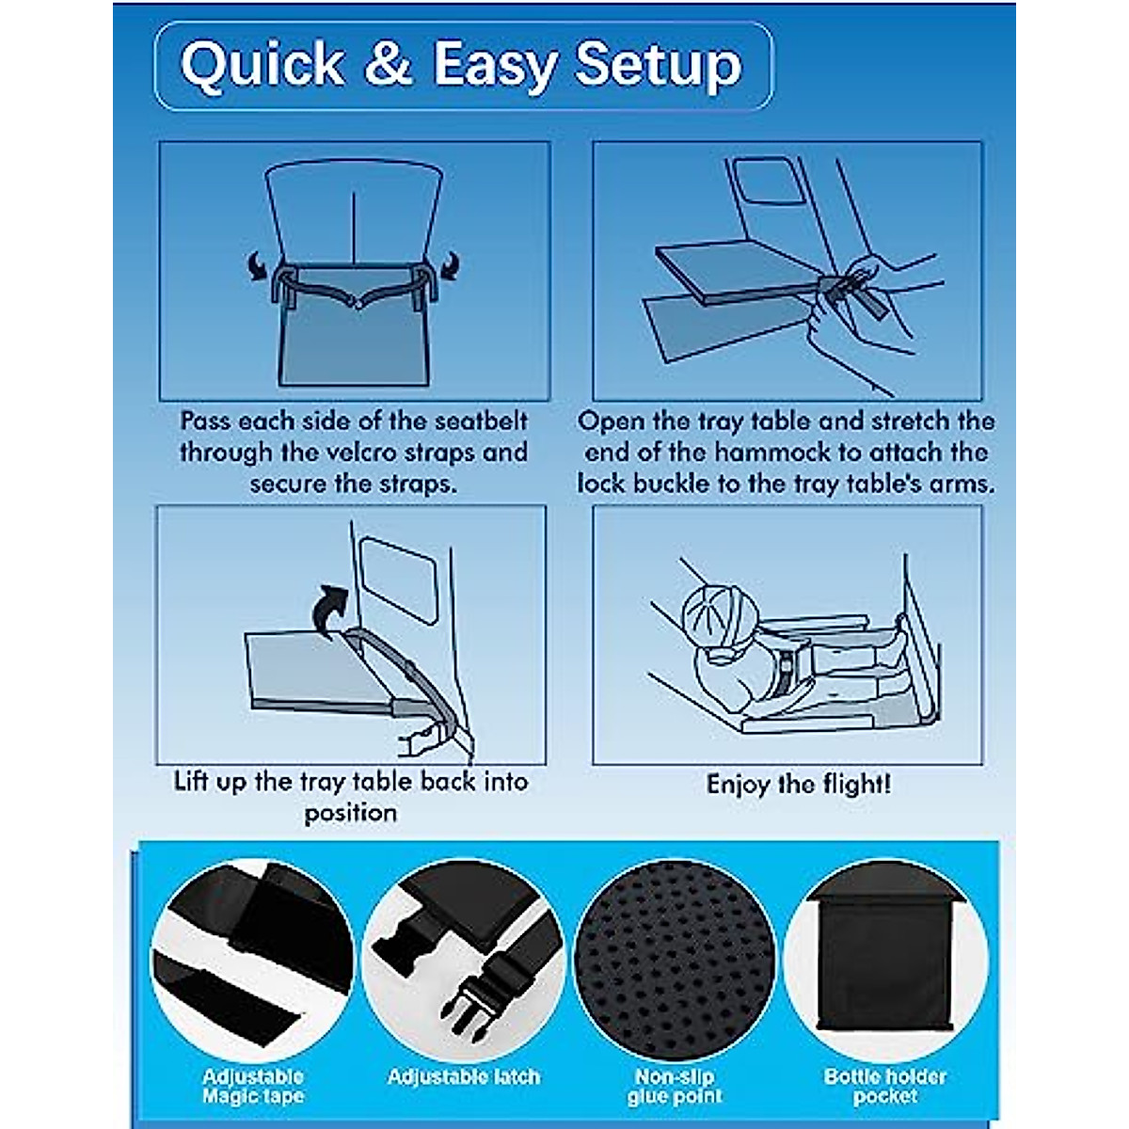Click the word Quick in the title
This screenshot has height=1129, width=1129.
249,65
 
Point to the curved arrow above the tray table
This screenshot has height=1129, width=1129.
328,612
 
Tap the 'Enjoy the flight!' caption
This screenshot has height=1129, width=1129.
798,784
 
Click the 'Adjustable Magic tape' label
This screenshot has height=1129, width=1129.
253,1087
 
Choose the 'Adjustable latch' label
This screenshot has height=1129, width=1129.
464,1076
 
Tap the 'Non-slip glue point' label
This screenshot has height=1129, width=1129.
676,1087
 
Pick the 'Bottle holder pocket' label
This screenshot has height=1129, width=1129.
885,1087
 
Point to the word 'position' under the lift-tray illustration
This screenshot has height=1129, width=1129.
350,813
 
